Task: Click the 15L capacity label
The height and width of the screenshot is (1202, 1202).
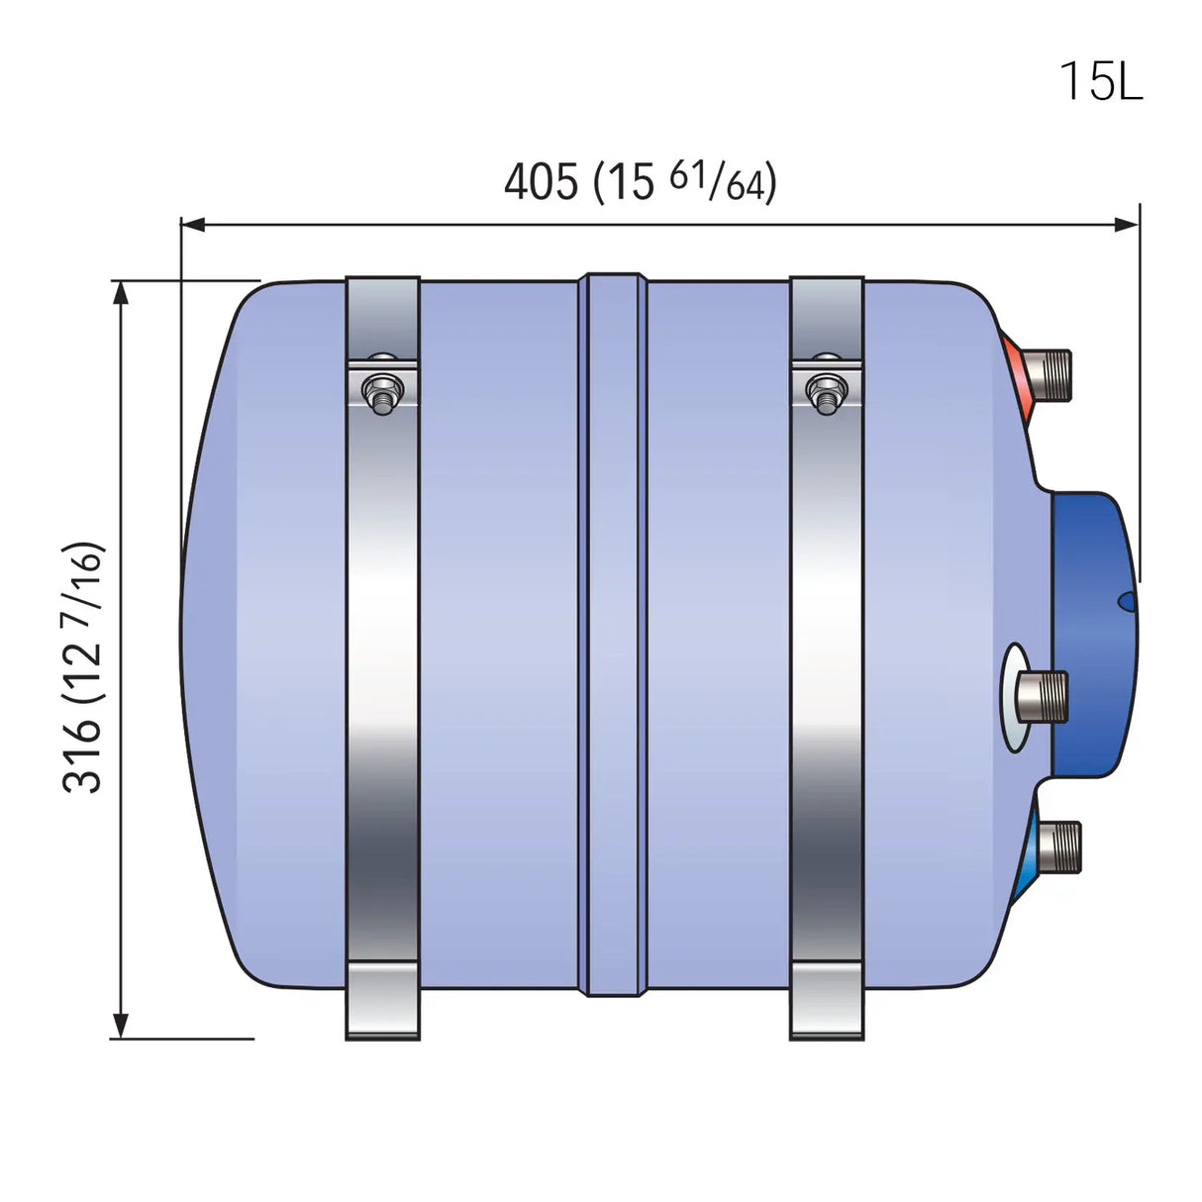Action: pos(1101,80)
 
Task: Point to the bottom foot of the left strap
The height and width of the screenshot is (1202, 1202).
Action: pos(382,1000)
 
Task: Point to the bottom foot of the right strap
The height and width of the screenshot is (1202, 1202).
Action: pos(827,1000)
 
